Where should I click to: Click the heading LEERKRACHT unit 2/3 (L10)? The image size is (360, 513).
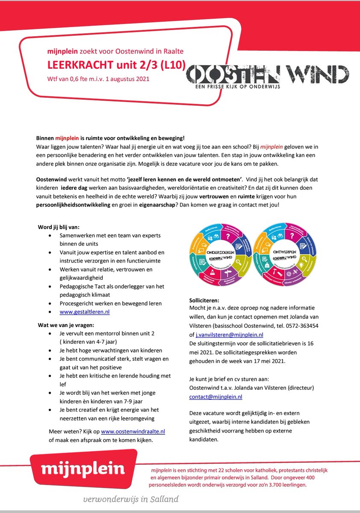click(110, 65)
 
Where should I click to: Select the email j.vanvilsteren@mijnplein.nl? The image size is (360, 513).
click(229, 335)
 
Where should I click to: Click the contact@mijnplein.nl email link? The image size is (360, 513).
click(215, 397)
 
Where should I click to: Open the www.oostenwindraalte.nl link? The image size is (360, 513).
click(133, 432)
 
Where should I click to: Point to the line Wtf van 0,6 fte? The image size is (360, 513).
click(98, 80)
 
